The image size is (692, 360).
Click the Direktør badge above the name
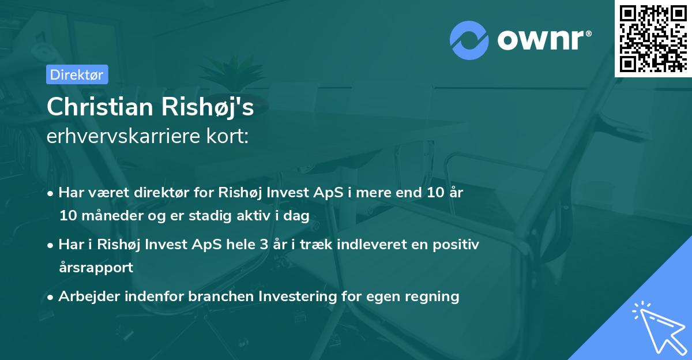(77, 74)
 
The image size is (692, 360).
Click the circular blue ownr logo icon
(469, 40)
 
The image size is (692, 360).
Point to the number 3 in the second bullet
(264, 245)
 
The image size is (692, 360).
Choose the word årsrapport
(96, 267)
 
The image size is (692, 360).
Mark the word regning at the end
(434, 297)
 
